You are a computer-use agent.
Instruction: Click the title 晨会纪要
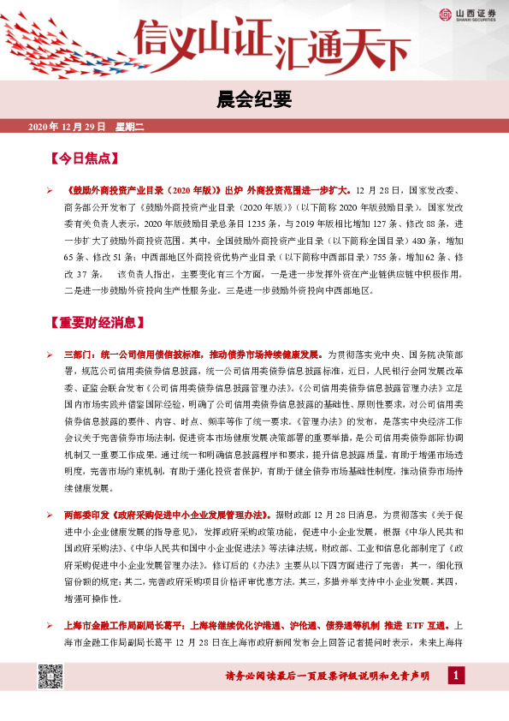point(254,100)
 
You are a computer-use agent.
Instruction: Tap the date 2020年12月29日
point(67,127)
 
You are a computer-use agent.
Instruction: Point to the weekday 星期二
point(131,127)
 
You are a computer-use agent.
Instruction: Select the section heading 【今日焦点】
point(84,159)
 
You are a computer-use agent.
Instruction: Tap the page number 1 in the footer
point(456,677)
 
